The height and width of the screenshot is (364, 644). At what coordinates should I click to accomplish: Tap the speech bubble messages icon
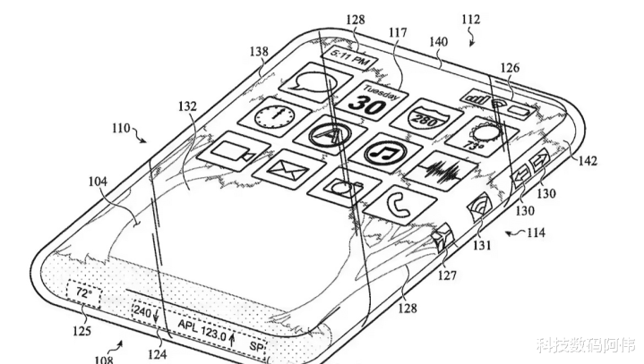315,83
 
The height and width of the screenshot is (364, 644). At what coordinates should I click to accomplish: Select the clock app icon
275,118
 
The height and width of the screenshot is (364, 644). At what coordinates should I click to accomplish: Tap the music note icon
386,153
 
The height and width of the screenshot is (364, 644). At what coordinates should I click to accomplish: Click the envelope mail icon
288,170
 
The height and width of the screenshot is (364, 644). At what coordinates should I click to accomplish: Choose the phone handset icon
399,205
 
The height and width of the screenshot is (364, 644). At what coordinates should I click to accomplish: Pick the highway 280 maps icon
426,119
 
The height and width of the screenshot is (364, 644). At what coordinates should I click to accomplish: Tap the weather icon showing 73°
481,137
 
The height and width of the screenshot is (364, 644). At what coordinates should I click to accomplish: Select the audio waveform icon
441,171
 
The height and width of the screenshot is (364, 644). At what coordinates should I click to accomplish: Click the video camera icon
233,151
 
